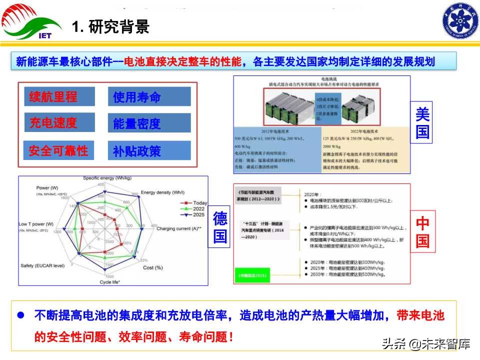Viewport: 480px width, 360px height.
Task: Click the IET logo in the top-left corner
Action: [31, 22]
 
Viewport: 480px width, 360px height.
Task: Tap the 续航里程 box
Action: [59, 96]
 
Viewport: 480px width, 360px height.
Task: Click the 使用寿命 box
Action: [149, 97]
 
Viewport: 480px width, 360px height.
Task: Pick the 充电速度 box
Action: [59, 122]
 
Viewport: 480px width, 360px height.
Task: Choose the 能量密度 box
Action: [149, 123]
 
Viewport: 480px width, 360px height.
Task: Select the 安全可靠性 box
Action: [59, 150]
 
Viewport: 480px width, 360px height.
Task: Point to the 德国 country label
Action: [220, 227]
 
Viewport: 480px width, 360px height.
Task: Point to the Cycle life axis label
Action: [113, 282]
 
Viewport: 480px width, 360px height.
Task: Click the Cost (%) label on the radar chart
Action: [153, 267]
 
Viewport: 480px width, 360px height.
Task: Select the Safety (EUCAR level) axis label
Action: [42, 265]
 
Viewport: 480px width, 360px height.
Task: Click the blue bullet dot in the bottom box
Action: [21, 316]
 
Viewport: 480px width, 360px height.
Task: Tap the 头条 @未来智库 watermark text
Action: [426, 344]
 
